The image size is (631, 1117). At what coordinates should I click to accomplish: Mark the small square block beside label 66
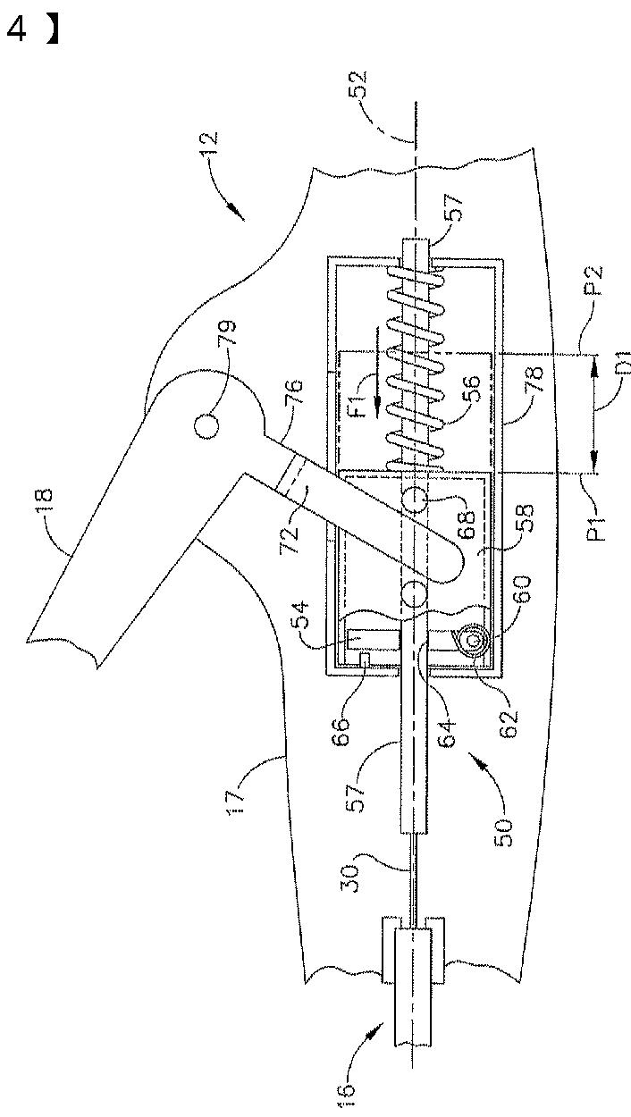pyautogui.click(x=365, y=658)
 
